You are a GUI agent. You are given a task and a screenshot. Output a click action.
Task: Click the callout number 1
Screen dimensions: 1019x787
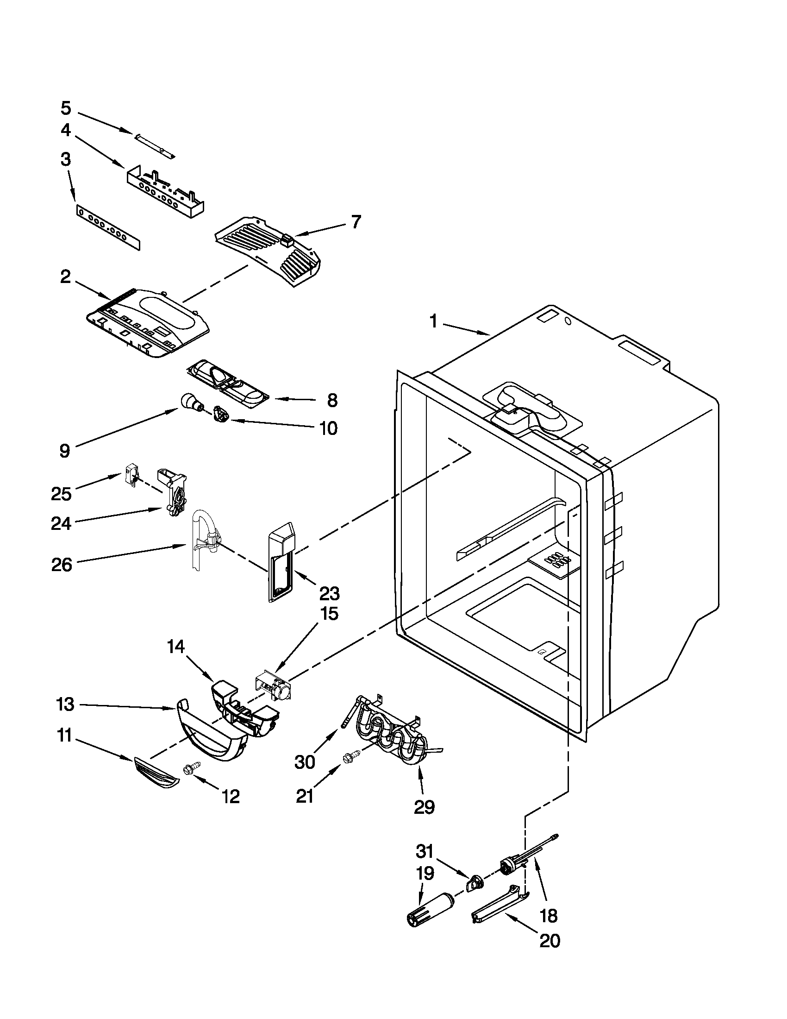433,321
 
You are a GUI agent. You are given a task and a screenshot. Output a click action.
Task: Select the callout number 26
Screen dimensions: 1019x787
62,565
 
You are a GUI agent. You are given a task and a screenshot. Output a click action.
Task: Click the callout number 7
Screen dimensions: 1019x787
356,222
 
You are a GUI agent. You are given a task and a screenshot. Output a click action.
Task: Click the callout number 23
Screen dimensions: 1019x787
329,593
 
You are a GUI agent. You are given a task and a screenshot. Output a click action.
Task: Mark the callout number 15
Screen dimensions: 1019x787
329,614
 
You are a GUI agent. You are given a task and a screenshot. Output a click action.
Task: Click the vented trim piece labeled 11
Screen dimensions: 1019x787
156,775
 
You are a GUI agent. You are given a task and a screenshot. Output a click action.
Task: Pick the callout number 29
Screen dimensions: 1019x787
424,807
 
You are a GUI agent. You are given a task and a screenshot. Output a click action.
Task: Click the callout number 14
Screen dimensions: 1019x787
176,647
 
